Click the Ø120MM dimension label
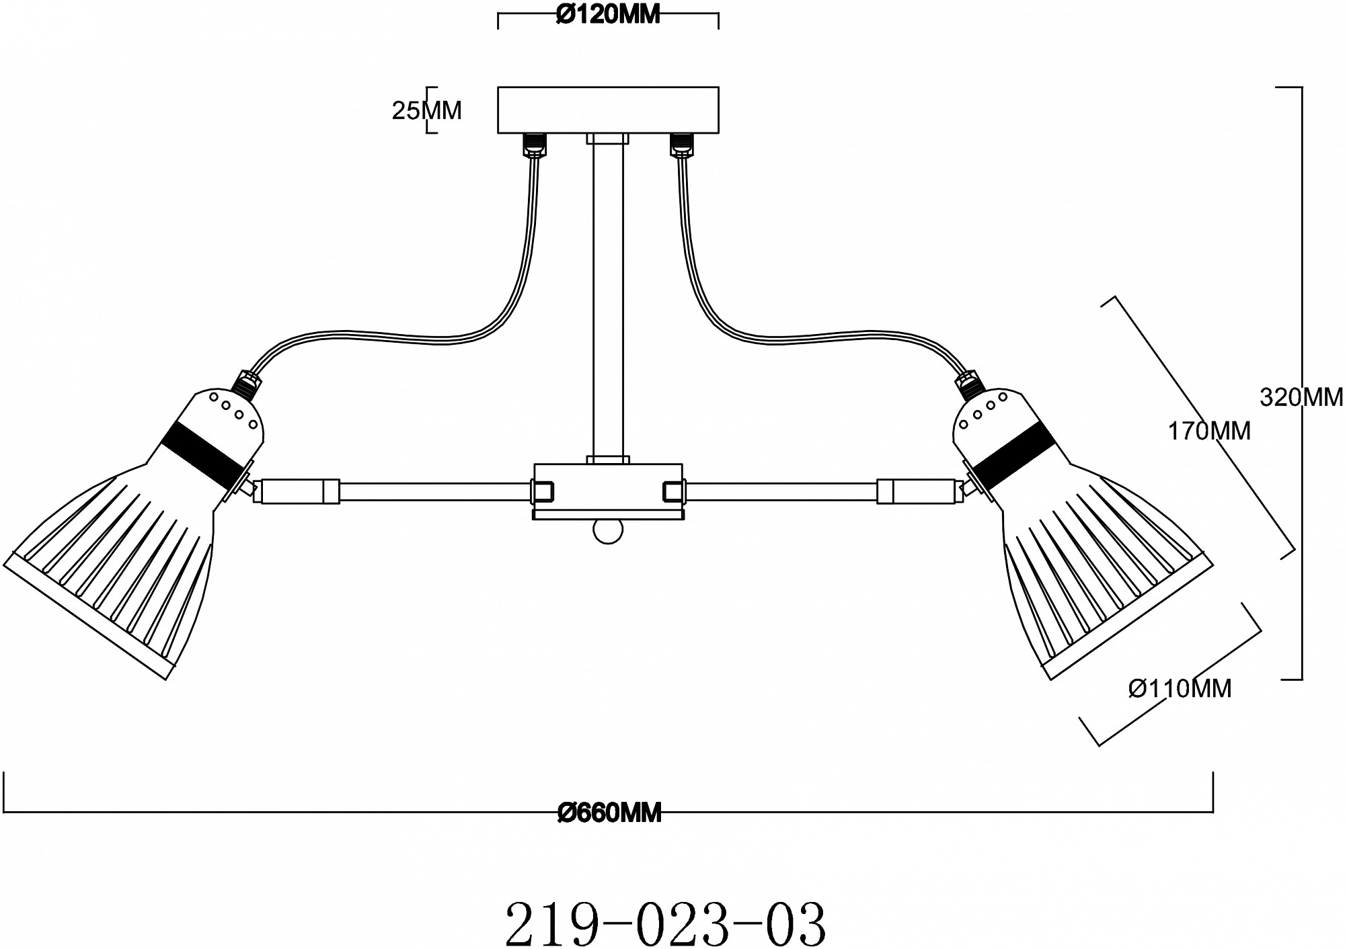(608, 15)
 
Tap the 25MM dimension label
(426, 110)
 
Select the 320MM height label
(1301, 398)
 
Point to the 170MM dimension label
(1208, 431)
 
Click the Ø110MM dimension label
(1180, 688)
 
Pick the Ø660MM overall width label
(609, 813)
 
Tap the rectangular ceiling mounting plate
(608, 110)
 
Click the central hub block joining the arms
(608, 491)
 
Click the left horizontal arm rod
(430, 491)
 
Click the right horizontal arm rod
(780, 491)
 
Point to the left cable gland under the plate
(535, 143)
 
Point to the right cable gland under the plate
(681, 143)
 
